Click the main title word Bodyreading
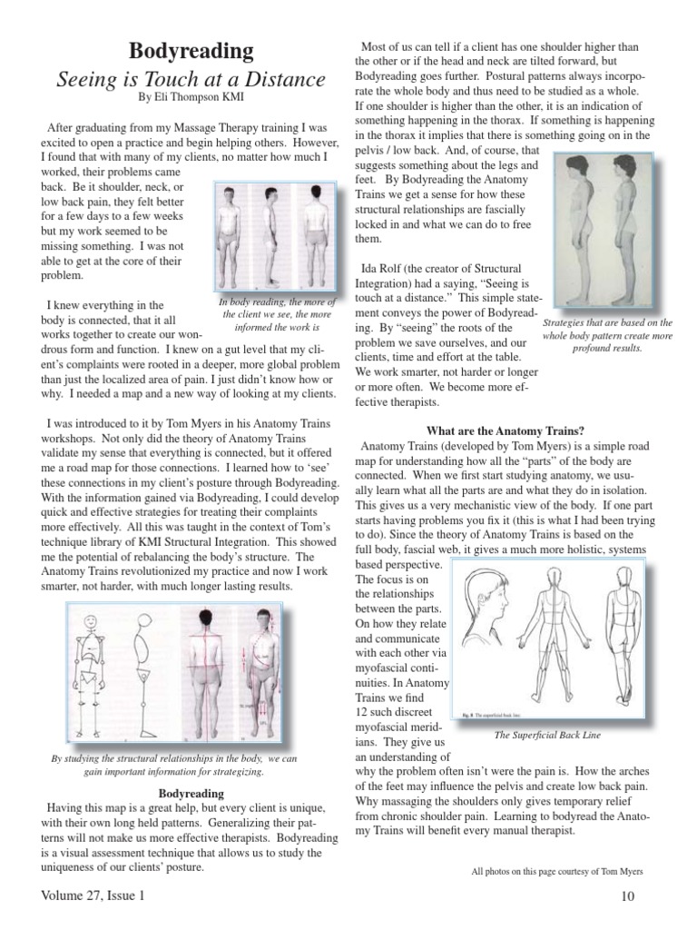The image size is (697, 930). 191,50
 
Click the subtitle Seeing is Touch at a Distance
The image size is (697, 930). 191,79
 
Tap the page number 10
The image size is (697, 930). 629,897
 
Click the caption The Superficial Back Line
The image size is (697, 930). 547,734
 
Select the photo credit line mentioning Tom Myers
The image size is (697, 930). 557,872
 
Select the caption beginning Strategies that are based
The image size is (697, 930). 594,334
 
